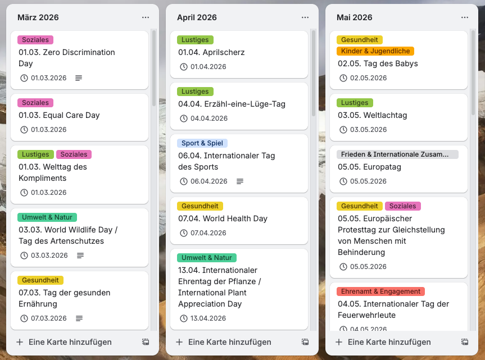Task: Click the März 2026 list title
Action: [x=38, y=17]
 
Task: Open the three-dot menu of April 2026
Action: [x=305, y=17]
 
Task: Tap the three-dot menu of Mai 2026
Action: [x=465, y=17]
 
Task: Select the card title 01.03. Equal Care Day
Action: [x=59, y=115]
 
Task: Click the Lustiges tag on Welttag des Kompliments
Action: [x=35, y=154]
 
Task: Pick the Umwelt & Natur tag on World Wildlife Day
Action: [x=47, y=217]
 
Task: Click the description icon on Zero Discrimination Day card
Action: [x=79, y=78]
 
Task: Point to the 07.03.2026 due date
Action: [x=49, y=318]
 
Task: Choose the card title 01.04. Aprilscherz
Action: [x=211, y=52]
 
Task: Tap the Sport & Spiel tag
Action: [x=202, y=143]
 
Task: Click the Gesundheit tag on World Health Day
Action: [x=200, y=206]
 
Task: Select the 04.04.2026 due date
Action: [x=208, y=119]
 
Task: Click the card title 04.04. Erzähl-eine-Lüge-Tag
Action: [x=232, y=104]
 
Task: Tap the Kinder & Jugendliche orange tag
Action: [x=375, y=51]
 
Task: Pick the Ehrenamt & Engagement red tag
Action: [x=380, y=291]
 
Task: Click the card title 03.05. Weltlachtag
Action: [x=372, y=115]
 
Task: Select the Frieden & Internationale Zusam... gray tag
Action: [x=397, y=154]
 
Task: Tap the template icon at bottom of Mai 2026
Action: [x=465, y=342]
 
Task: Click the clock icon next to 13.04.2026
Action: [x=184, y=318]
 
